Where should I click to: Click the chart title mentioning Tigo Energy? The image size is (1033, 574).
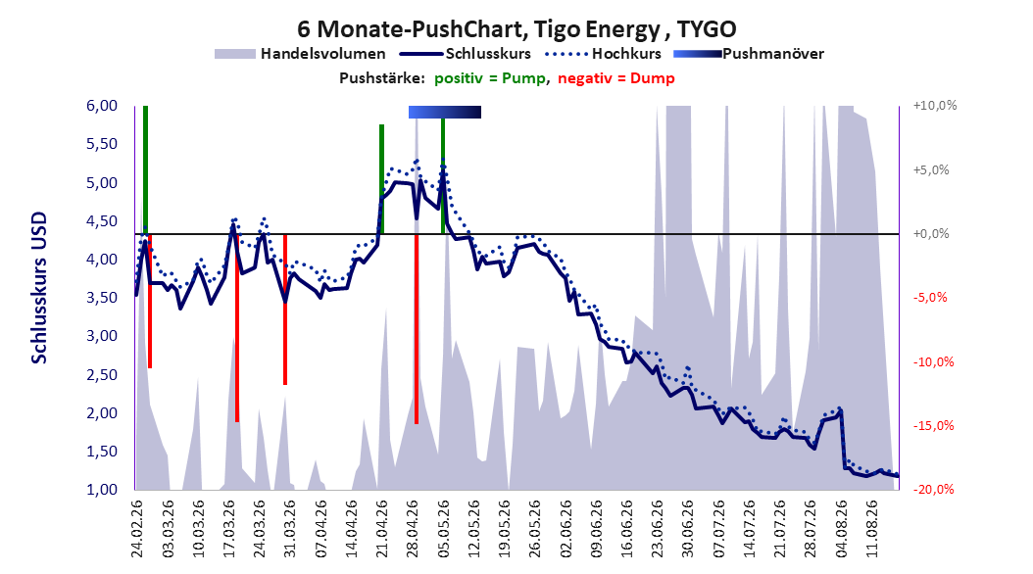(516, 29)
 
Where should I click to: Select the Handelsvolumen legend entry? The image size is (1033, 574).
(300, 54)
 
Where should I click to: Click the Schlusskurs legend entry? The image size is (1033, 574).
(466, 54)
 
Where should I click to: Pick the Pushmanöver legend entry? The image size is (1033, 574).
(749, 54)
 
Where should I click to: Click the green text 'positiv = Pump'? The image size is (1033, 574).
(489, 78)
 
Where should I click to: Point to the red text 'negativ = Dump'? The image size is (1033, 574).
(616, 78)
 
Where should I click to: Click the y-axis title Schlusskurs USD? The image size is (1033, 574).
(39, 288)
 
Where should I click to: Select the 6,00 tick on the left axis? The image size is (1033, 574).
(102, 106)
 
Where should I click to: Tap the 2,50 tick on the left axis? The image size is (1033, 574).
(102, 374)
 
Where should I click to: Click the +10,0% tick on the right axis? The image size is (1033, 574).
(935, 106)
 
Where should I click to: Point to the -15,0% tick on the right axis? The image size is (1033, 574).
(933, 426)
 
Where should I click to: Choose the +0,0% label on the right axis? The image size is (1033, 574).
(931, 234)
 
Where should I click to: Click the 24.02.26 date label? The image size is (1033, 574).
(136, 529)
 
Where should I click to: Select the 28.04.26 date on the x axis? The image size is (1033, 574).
(413, 529)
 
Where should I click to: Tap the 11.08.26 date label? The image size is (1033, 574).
(872, 529)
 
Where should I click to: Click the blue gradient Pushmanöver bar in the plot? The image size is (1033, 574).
(445, 112)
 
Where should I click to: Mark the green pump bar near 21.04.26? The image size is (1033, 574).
(381, 179)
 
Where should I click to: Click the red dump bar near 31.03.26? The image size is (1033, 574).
(285, 310)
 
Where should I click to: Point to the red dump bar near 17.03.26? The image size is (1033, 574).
(237, 328)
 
